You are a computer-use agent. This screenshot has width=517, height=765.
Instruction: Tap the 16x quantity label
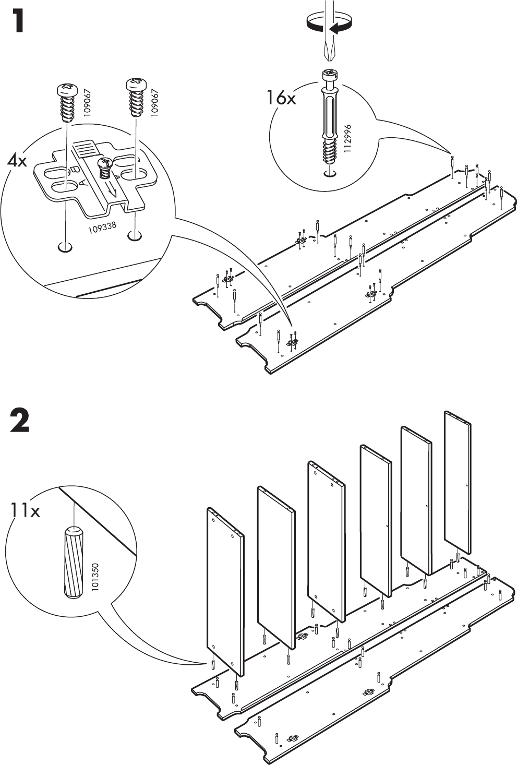(x=281, y=97)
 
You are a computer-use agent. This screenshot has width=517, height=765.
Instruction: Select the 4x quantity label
(x=18, y=161)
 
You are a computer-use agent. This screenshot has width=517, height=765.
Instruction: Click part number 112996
(x=348, y=137)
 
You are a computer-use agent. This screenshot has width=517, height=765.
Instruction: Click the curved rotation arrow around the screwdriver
(x=329, y=24)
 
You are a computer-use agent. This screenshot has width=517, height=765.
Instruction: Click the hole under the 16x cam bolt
(x=329, y=174)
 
